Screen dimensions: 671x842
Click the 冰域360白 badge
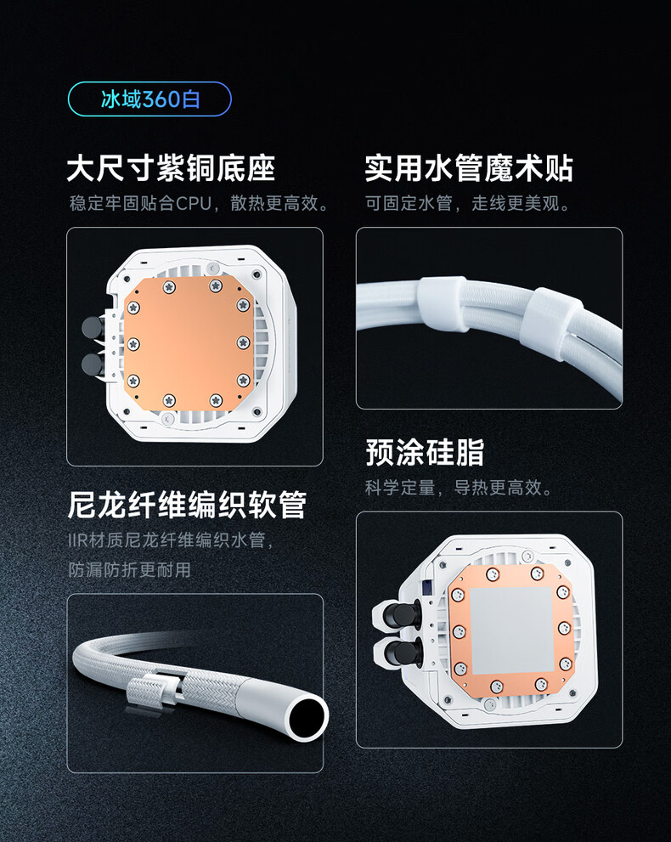149,99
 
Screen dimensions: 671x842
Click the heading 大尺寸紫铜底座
172,168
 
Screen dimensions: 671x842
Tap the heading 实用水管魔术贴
469,168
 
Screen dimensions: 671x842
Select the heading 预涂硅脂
425,452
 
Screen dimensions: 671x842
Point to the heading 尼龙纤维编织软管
187,505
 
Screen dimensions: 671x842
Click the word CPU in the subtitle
194,204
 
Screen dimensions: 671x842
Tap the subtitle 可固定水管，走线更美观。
467,204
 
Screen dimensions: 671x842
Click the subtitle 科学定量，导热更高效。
459,488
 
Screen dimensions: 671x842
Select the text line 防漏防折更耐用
129,569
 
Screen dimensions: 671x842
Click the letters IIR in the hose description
77,540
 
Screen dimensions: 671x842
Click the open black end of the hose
307,717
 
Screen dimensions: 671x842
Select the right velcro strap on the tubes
553,323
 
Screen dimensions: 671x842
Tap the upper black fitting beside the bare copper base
93,327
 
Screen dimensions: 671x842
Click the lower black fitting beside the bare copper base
93,364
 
